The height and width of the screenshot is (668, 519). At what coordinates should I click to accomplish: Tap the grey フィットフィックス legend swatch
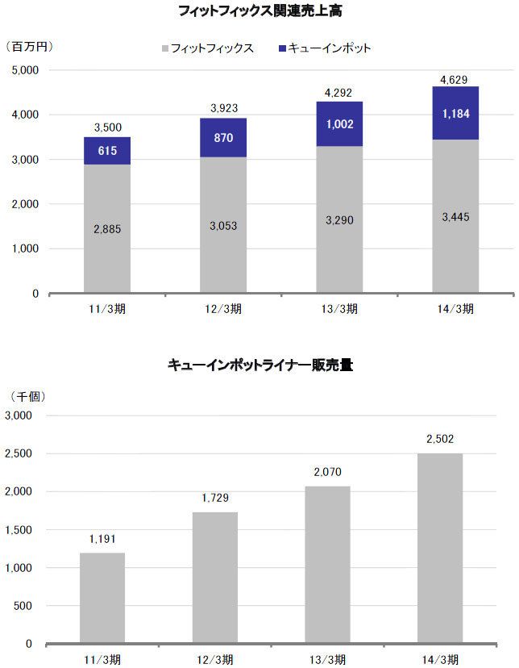coord(165,48)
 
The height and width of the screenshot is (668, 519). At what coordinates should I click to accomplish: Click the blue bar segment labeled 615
coord(107,151)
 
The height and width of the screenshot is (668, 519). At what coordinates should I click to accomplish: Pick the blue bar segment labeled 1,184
coord(455,113)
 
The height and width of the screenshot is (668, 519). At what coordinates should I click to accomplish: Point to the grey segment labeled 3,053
coord(223,224)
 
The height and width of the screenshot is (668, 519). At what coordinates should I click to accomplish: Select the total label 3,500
coord(107,127)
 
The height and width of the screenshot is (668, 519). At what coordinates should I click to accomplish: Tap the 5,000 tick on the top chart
coord(26,70)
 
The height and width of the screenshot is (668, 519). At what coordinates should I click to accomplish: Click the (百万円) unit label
coord(29,46)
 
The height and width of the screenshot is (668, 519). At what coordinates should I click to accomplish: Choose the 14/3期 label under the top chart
coord(455,311)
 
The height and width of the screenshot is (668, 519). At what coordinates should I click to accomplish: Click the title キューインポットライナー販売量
coord(260,365)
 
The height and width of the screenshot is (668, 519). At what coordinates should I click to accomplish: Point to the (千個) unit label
coord(27,396)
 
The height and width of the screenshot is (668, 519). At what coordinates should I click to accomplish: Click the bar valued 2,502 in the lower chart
coord(440,549)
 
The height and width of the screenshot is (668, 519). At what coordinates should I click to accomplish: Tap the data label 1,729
coord(215,499)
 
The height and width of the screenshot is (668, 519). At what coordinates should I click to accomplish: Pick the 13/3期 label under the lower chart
coord(327,660)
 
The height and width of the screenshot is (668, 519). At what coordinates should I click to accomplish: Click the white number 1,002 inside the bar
coord(339,124)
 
